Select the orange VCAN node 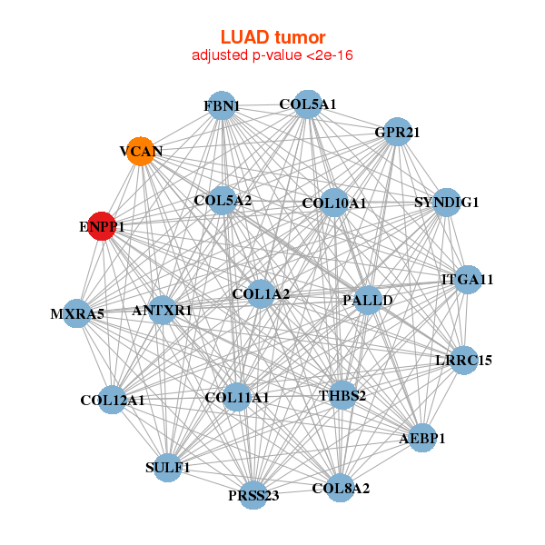pos(141,150)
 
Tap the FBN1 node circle pos(222,106)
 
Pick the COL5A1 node pos(308,104)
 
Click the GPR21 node pos(398,133)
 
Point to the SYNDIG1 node pos(446,202)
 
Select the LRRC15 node pos(464,361)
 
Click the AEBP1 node pos(422,439)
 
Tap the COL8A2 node pos(341,489)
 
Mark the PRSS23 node pos(253,495)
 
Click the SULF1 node pos(168,468)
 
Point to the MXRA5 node pos(78,314)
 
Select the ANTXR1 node pos(162,311)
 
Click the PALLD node pos(368,300)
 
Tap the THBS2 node pos(342,396)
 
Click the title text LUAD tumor pos(272,37)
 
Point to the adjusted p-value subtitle pos(272,55)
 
